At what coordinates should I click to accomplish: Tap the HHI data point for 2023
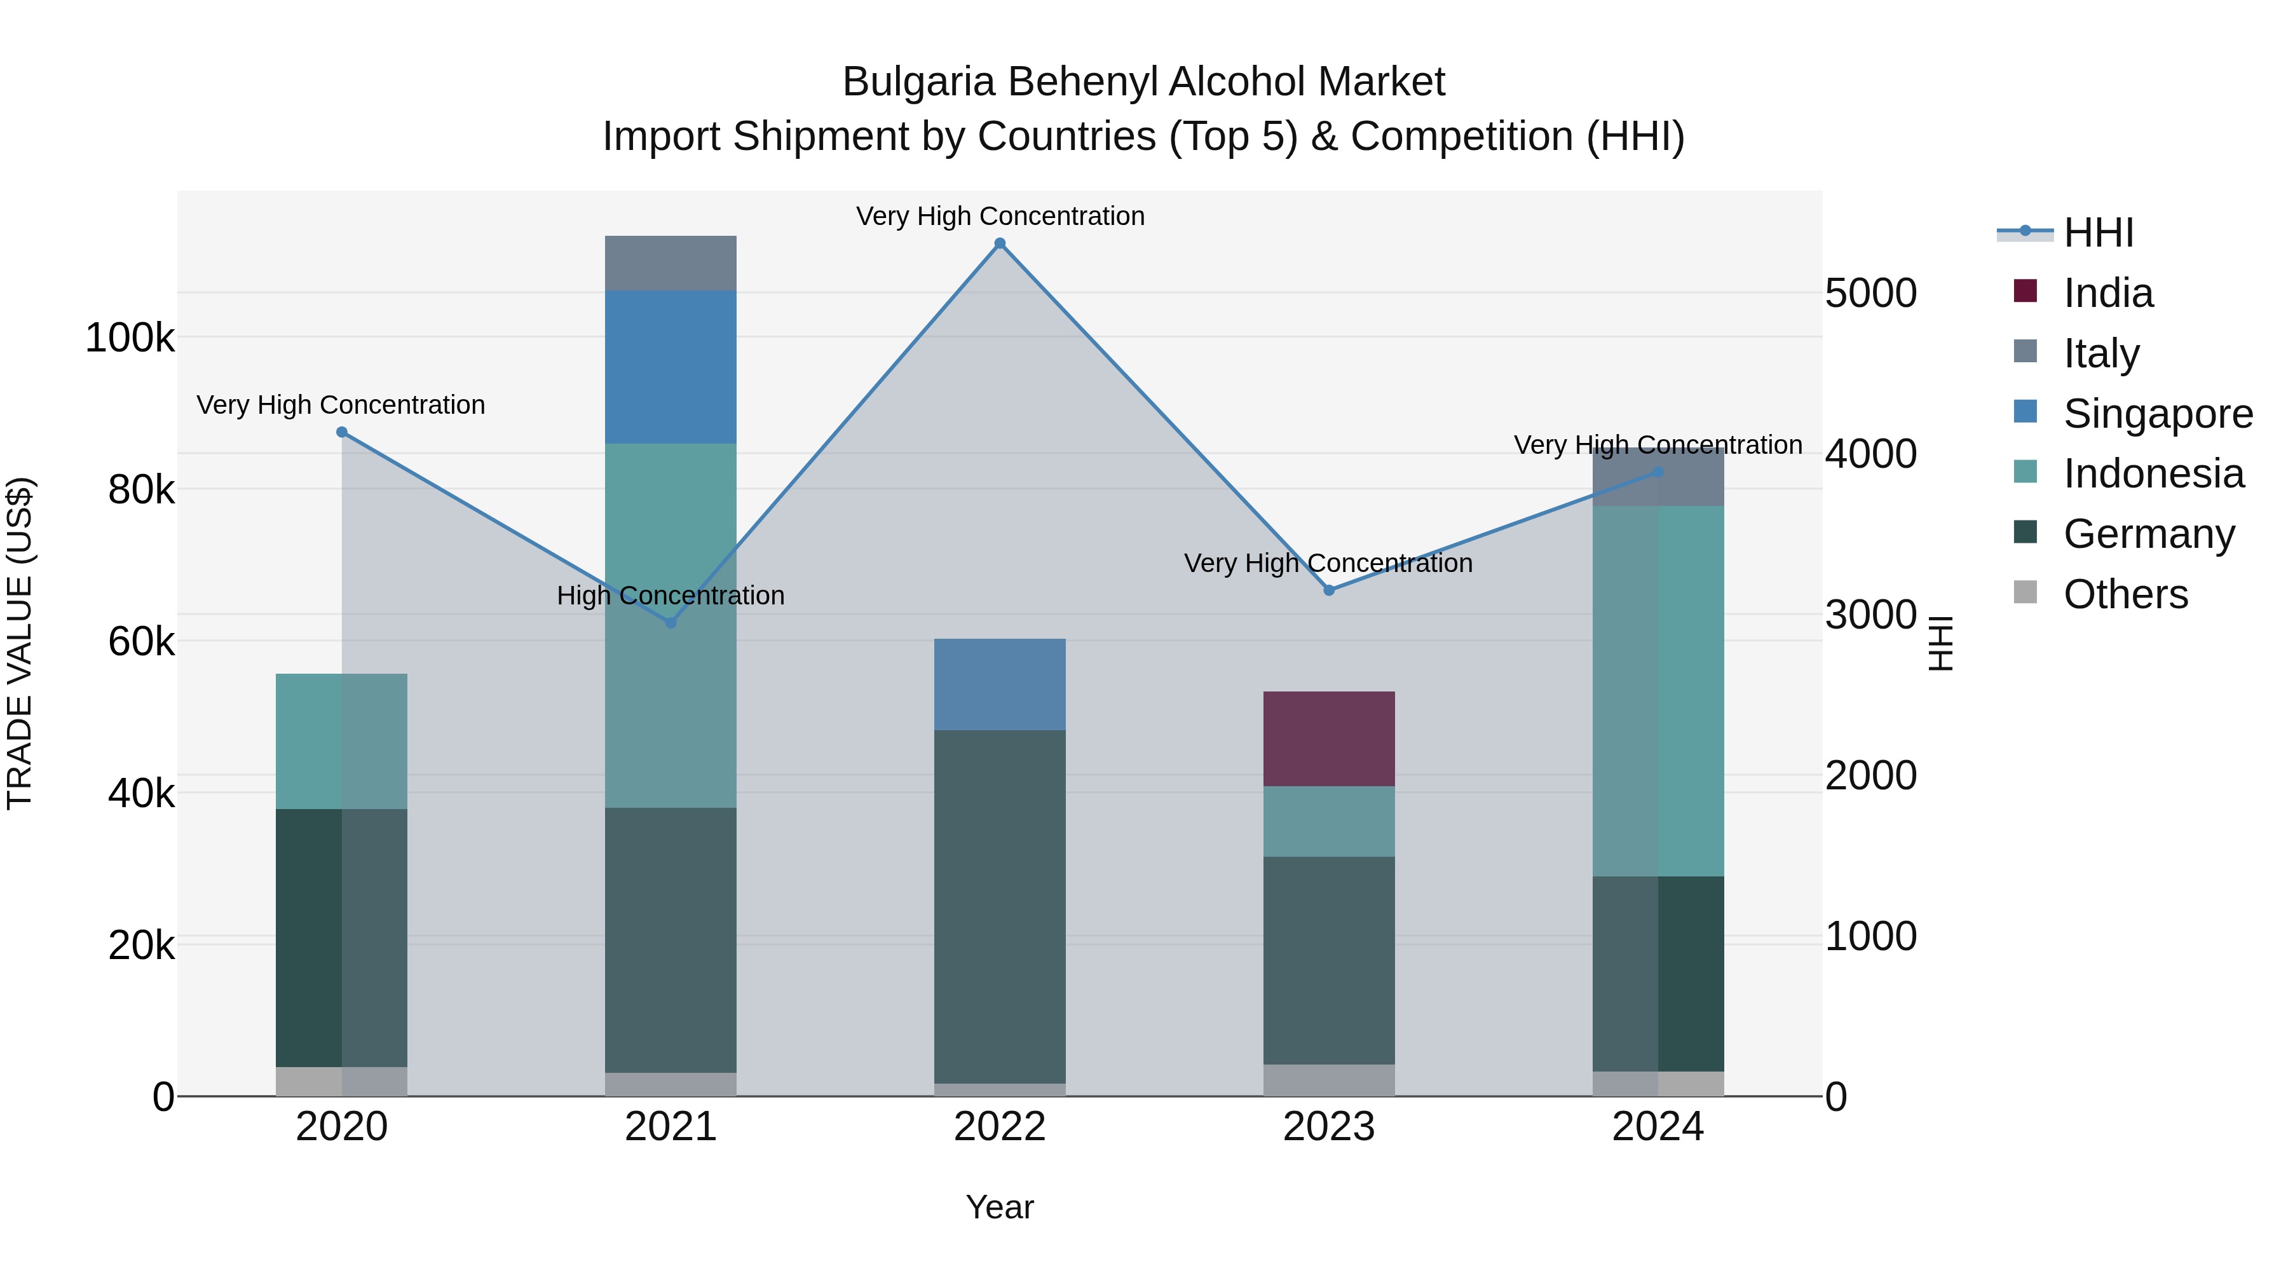1329,590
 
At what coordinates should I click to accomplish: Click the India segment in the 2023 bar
1329,739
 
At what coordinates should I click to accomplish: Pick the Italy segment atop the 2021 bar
671,263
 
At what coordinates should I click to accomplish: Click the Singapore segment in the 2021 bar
671,367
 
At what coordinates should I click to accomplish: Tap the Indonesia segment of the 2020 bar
342,741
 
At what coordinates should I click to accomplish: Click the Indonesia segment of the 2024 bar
1658,691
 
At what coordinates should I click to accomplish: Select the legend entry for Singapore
2158,414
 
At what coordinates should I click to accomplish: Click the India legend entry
2108,293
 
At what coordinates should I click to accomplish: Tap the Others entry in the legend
2125,594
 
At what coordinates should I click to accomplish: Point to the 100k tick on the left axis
130,338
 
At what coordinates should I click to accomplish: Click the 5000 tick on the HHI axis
1870,294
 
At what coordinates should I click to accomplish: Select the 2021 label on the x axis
671,1127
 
